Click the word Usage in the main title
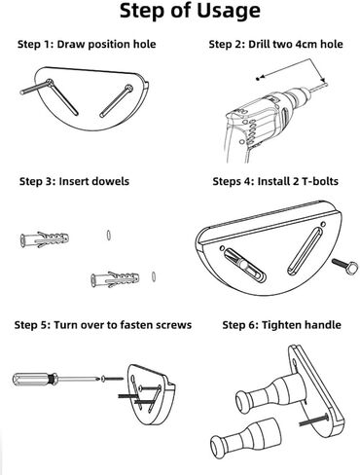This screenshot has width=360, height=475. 229,12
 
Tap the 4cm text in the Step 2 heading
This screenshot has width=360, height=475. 306,44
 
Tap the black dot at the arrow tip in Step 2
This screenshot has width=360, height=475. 258,79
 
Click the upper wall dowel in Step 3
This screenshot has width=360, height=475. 45,239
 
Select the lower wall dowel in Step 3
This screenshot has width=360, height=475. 115,279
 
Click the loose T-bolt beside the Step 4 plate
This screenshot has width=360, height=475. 344,267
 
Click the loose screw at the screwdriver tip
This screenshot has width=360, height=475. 112,379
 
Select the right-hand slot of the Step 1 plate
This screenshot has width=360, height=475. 116,100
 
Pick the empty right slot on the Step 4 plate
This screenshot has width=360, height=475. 306,251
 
